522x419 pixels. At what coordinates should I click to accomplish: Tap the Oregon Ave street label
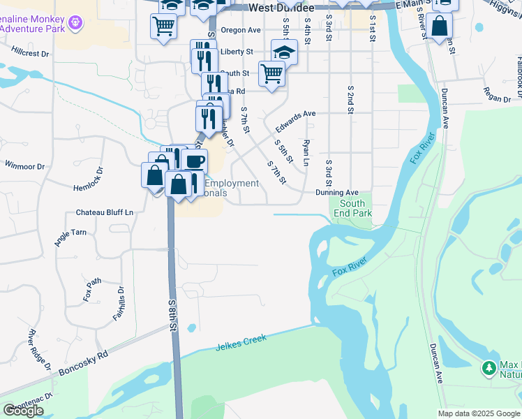tap(240, 30)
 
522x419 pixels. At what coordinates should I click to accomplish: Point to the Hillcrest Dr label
tap(31, 52)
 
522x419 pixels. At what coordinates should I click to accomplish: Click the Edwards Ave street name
tap(295, 121)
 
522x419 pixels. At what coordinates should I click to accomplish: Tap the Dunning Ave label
tap(336, 193)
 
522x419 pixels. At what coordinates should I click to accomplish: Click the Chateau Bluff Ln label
tap(105, 212)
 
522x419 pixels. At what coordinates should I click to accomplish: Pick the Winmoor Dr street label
tap(25, 166)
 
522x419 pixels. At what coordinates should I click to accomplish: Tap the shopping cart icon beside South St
tap(271, 73)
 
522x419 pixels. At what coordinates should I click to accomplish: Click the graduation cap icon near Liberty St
tap(284, 51)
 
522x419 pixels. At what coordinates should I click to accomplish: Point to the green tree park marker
tap(489, 367)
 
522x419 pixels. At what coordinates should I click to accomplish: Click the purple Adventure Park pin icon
tap(76, 23)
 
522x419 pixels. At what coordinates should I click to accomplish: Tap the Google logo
tap(23, 411)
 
